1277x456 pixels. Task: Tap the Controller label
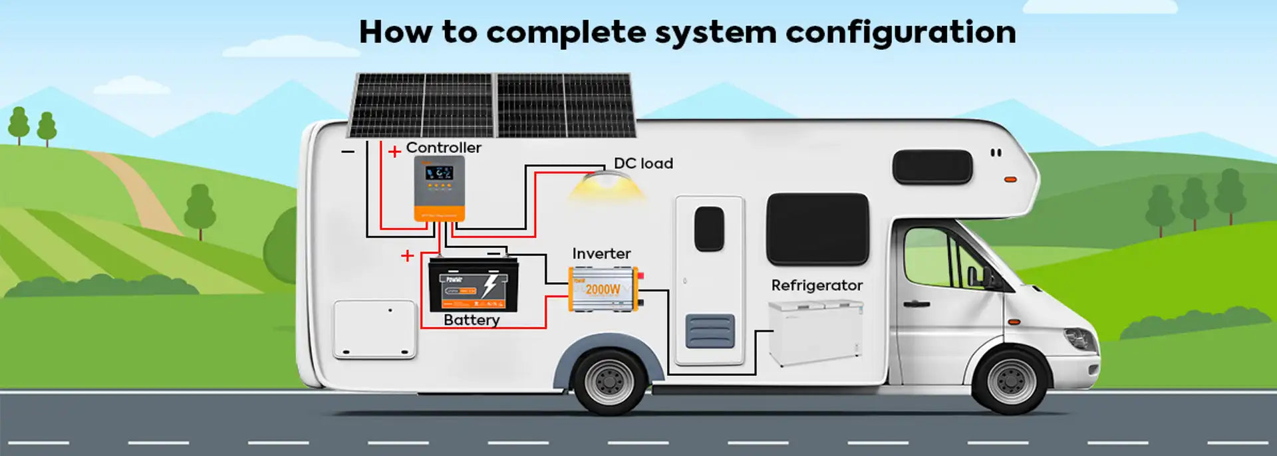tap(444, 148)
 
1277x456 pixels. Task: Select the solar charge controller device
tap(439, 188)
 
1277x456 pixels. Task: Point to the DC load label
tap(643, 164)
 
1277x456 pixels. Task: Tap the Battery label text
tap(472, 320)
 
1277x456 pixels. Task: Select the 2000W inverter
tap(604, 288)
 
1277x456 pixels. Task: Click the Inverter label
tap(601, 254)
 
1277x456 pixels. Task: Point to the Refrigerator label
tap(817, 285)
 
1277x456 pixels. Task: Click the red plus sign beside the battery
tap(408, 256)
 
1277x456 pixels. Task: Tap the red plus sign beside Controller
tap(394, 152)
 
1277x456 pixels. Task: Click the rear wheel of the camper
tap(609, 381)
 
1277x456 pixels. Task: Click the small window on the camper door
tap(709, 229)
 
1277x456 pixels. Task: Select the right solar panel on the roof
tap(565, 105)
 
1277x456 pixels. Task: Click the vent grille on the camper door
tap(710, 330)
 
